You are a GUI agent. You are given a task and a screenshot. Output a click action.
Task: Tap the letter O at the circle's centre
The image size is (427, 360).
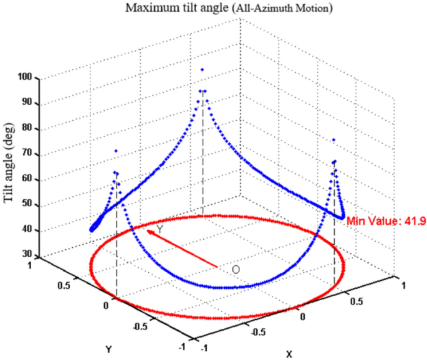pos(236,269)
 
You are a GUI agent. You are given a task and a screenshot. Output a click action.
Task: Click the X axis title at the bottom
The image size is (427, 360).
pos(289,353)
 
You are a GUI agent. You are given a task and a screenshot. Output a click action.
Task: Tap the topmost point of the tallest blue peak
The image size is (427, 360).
pos(201,70)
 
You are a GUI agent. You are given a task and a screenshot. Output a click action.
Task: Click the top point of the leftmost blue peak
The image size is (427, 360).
pos(115,151)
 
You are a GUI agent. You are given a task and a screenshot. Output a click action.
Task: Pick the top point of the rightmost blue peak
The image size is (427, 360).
pos(334,140)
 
